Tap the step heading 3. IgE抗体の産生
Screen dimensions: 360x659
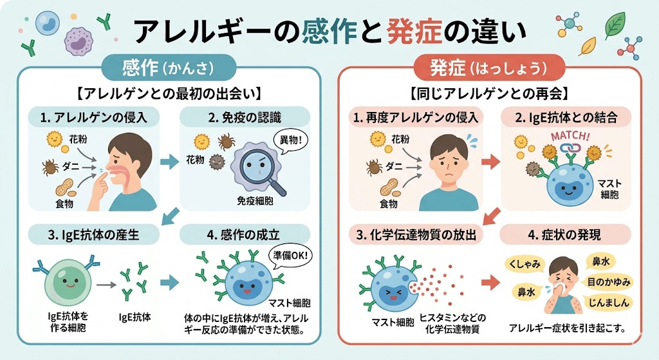click(91, 233)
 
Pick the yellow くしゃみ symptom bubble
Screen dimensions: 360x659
click(526, 262)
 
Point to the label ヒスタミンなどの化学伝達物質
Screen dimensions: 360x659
click(452, 324)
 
